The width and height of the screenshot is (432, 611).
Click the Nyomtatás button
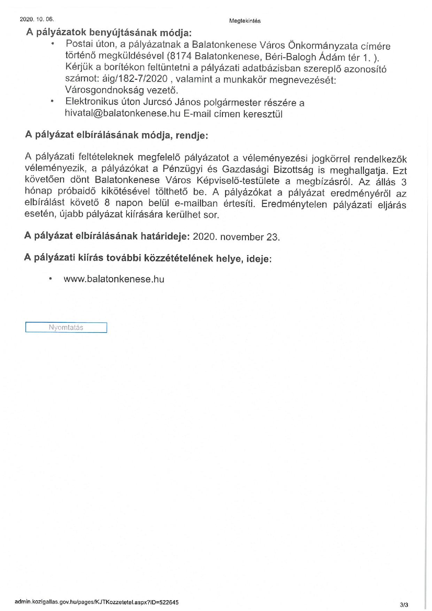pos(66,328)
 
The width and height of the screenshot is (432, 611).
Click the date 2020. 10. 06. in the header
pos(37,19)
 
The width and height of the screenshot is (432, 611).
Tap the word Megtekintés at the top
pos(245,21)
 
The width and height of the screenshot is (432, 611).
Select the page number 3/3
pos(404,605)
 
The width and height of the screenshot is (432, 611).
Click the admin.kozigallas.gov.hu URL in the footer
pos(97,602)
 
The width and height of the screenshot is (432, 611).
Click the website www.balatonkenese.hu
pos(114,279)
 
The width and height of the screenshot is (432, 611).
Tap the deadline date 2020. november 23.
pos(236,237)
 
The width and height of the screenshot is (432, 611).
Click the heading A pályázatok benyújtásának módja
pos(109,33)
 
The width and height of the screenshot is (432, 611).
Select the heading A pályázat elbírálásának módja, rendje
pos(116,135)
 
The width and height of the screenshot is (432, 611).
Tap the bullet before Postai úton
pos(53,44)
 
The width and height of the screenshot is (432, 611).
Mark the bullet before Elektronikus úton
pos(53,102)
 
